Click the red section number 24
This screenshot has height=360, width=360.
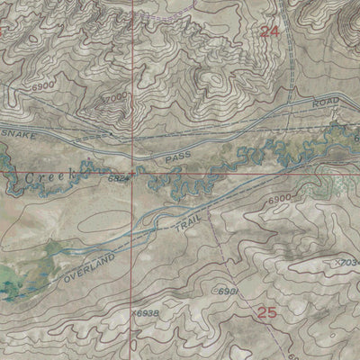pos(268,31)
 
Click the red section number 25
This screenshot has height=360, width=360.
pos(266,313)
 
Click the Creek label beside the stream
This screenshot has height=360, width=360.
pos(46,178)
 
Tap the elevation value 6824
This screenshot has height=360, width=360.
pos(119,180)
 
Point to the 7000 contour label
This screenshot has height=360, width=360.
pos(116,97)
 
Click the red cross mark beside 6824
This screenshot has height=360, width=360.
pos(135,171)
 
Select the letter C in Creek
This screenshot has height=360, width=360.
pos(30,178)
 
